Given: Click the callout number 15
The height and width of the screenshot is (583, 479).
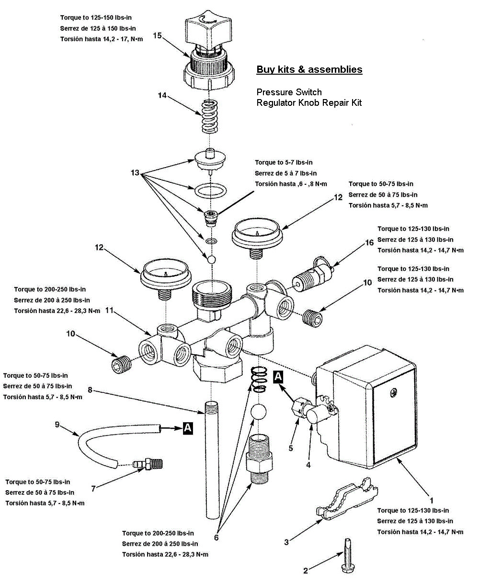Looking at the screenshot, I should tap(157, 35).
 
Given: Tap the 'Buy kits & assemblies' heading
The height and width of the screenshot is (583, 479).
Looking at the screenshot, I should tap(309, 69).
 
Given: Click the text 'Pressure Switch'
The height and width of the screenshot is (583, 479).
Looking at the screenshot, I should tap(289, 92).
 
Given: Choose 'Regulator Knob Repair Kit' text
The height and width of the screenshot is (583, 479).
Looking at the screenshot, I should tap(309, 102).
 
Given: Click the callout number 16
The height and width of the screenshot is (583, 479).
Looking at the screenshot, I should tap(369, 243).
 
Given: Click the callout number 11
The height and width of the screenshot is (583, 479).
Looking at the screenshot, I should tap(109, 311).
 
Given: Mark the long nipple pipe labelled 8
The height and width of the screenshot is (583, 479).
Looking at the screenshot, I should tap(210, 460).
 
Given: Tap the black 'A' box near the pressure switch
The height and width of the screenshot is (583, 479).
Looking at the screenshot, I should tap(278, 377).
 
